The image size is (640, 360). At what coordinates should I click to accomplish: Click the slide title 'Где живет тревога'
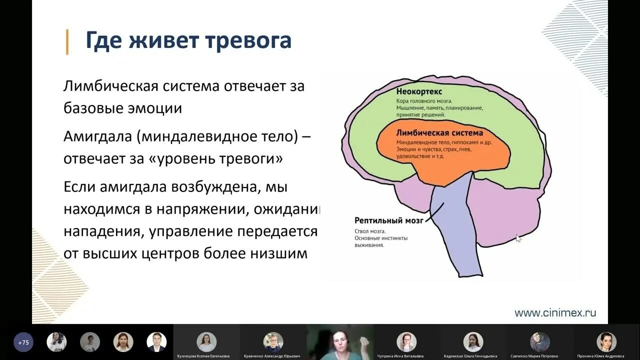pyautogui.click(x=188, y=41)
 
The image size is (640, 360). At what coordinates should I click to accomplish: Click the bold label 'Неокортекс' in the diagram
pyautogui.click(x=419, y=92)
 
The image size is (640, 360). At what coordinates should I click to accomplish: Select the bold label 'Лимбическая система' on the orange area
pyautogui.click(x=439, y=133)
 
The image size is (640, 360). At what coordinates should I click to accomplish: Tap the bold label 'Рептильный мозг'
pyautogui.click(x=388, y=220)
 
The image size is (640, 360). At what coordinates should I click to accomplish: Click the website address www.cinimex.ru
pyautogui.click(x=555, y=313)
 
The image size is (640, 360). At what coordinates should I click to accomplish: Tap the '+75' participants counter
pyautogui.click(x=23, y=342)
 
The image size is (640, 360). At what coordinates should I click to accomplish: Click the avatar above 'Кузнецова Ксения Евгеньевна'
pyautogui.click(x=206, y=341)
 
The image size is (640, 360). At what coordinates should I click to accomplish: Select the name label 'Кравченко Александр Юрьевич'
pyautogui.click(x=272, y=356)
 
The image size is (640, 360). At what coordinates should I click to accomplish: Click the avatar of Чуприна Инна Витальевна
pyautogui.click(x=406, y=341)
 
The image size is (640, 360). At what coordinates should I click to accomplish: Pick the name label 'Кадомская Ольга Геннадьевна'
pyautogui.click(x=470, y=356)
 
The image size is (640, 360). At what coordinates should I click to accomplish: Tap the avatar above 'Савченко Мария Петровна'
pyautogui.click(x=539, y=341)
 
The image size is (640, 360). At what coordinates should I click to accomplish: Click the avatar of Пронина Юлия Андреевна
pyautogui.click(x=606, y=341)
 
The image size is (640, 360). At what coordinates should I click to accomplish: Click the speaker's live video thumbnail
pyautogui.click(x=340, y=342)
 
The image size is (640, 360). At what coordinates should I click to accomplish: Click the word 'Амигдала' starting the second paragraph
pyautogui.click(x=98, y=136)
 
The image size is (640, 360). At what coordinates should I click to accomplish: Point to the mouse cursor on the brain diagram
pyautogui.click(x=518, y=238)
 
